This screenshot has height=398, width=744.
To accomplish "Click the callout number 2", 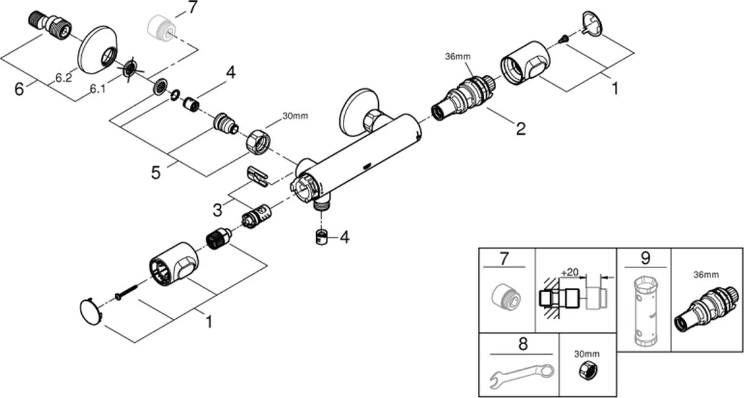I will tap(520, 129).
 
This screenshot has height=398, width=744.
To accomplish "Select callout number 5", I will tap(156, 171).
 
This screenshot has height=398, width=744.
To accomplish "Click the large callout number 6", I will tap(19, 89).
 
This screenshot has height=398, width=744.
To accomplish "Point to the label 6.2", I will tap(63, 78).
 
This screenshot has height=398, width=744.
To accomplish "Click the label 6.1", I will tap(97, 89).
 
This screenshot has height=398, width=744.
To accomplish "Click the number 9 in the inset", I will tap(644, 257).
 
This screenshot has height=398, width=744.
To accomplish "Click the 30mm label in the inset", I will tap(587, 353).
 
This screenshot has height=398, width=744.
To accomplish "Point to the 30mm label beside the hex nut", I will tap(294, 116).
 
